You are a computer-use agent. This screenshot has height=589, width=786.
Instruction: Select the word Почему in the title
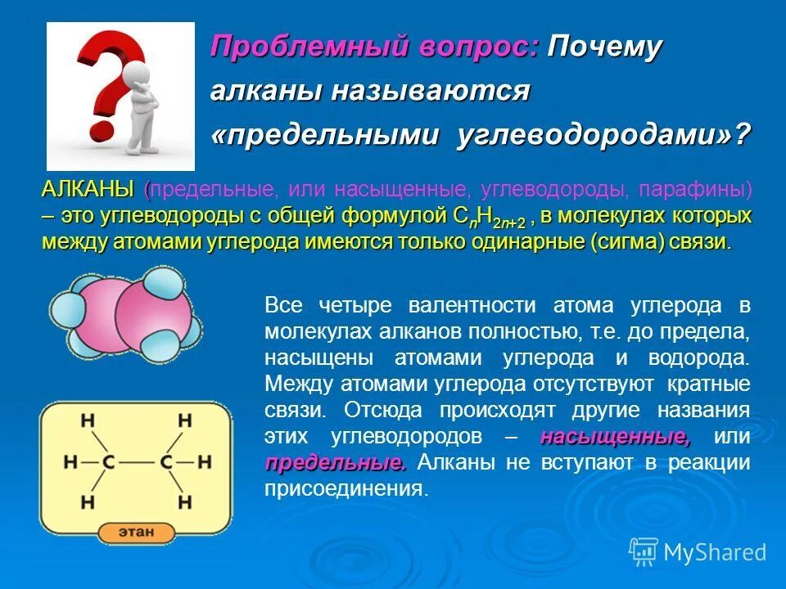(604, 47)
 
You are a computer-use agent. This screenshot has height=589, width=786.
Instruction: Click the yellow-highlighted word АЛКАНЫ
(88, 190)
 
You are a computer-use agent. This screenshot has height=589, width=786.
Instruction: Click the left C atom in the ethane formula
(108, 461)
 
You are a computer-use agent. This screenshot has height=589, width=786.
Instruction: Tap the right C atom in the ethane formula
(166, 461)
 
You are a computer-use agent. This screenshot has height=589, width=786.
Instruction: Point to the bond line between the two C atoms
(138, 461)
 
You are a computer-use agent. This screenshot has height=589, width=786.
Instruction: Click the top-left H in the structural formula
(88, 421)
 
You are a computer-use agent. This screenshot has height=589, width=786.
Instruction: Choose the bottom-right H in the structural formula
(186, 501)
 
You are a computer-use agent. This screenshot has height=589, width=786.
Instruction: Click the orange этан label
(137, 532)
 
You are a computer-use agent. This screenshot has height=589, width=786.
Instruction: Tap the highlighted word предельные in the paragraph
(335, 462)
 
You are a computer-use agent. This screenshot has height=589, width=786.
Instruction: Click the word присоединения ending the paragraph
(345, 489)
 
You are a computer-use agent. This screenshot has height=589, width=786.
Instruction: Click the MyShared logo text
(714, 552)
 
